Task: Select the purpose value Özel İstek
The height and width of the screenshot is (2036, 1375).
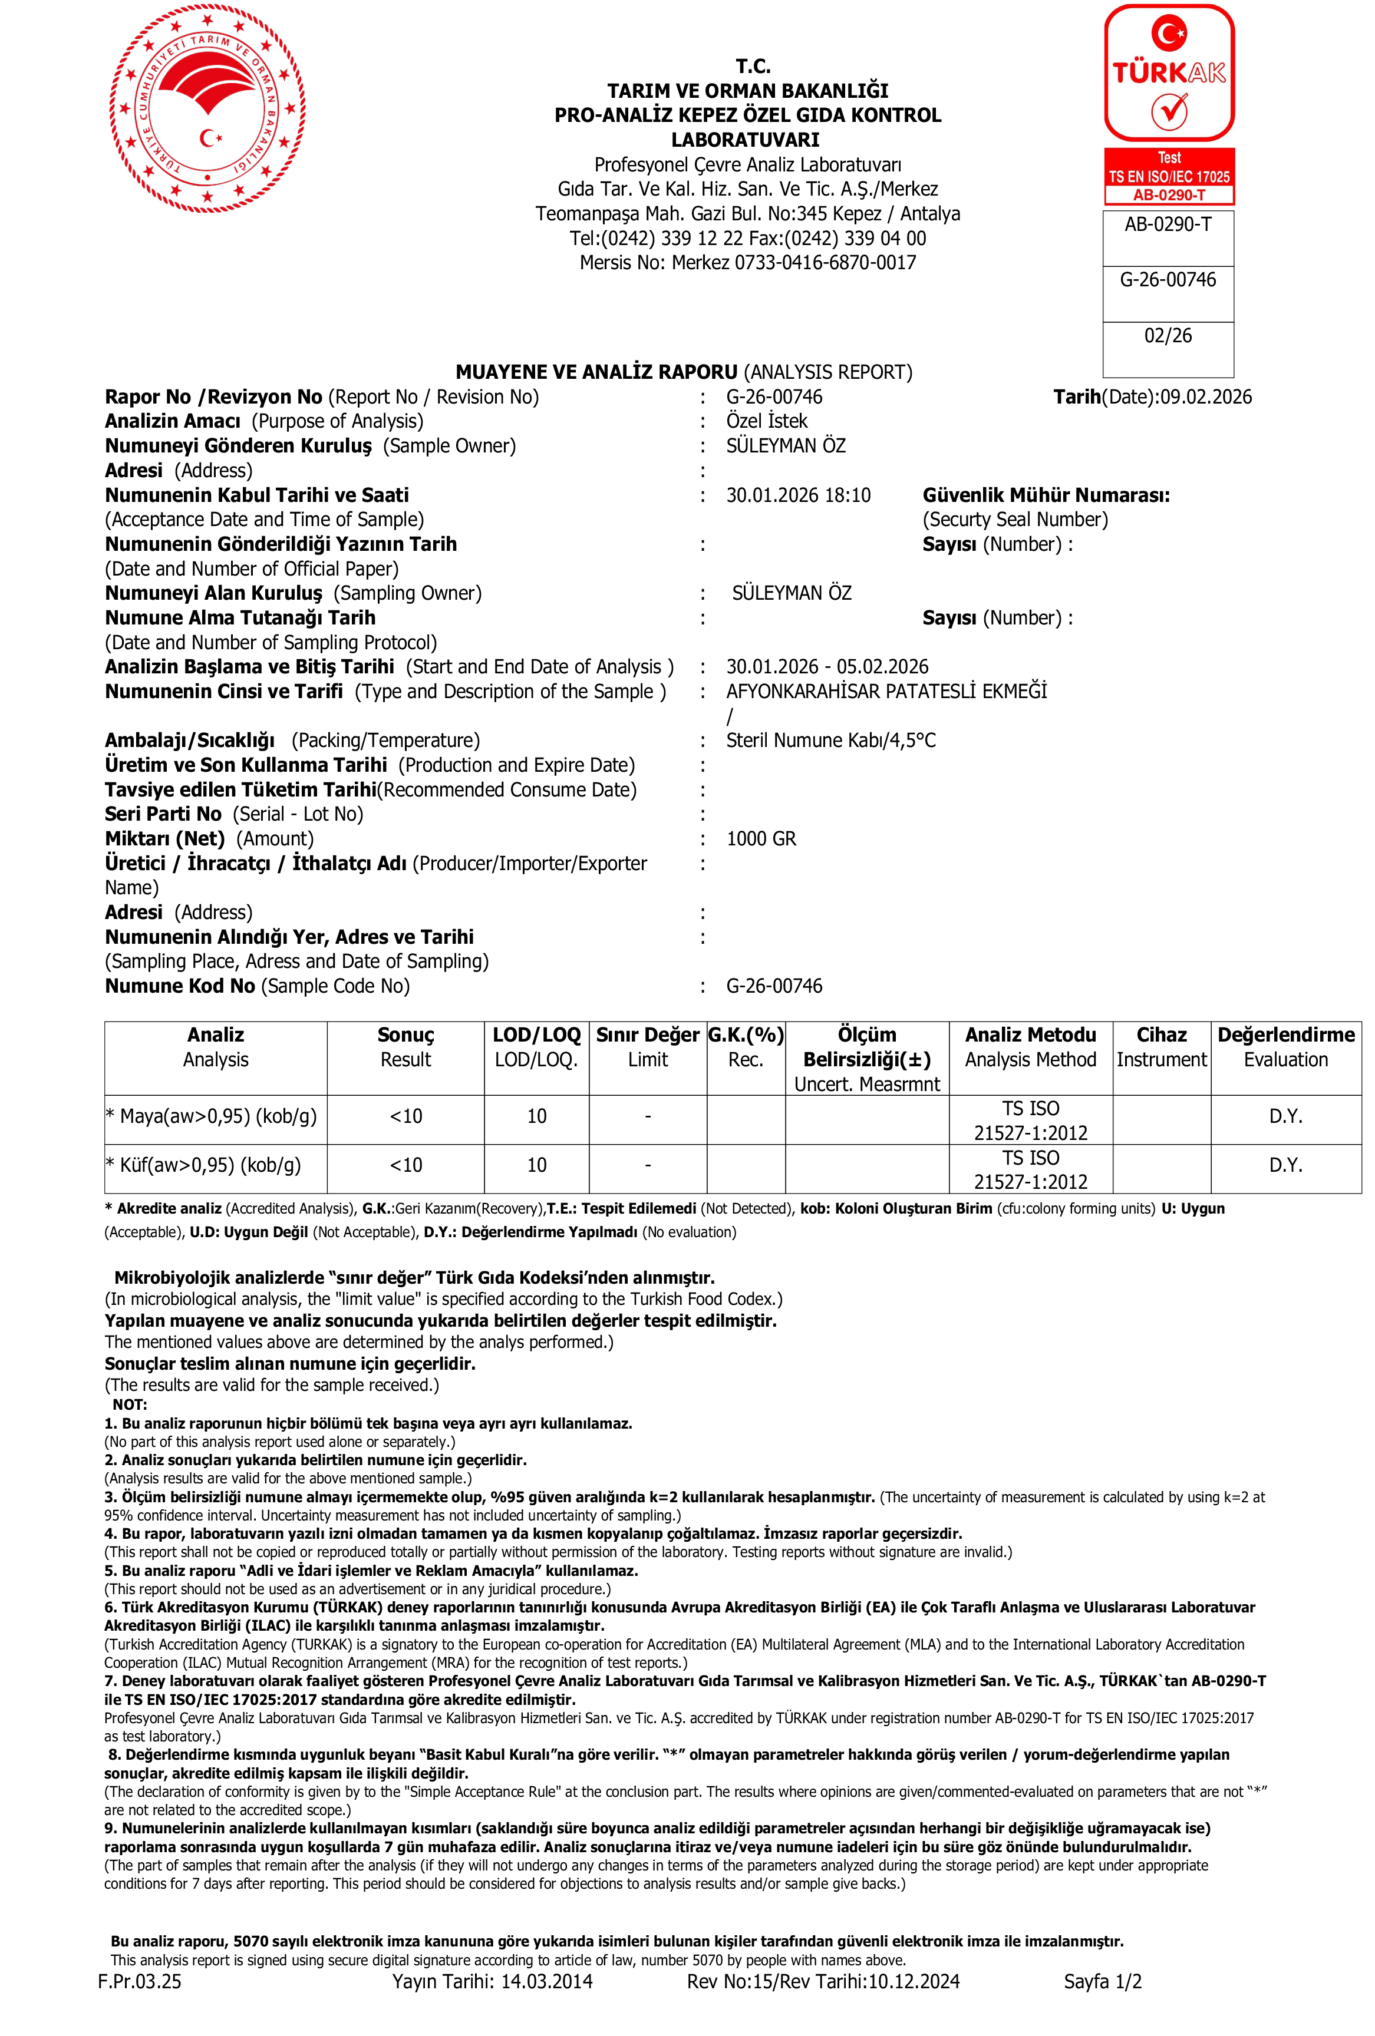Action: (x=766, y=421)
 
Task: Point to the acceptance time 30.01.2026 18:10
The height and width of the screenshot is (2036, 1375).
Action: (x=797, y=495)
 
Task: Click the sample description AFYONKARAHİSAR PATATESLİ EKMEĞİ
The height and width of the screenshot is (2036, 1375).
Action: (x=886, y=691)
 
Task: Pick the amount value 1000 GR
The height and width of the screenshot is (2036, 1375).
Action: (x=761, y=838)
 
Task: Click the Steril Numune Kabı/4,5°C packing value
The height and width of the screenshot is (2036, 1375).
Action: (x=830, y=741)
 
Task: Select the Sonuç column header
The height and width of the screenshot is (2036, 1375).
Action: (x=405, y=1047)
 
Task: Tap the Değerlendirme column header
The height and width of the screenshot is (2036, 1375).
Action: (x=1285, y=1047)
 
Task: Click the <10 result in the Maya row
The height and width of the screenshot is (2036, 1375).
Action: (x=405, y=1116)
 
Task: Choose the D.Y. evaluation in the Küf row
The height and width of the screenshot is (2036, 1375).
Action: (x=1285, y=1165)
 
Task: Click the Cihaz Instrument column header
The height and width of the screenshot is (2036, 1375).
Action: (x=1161, y=1047)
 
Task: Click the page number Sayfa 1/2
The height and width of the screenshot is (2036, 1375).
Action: (x=1102, y=1981)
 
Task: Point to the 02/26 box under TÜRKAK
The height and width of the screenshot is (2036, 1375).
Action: (x=1168, y=336)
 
